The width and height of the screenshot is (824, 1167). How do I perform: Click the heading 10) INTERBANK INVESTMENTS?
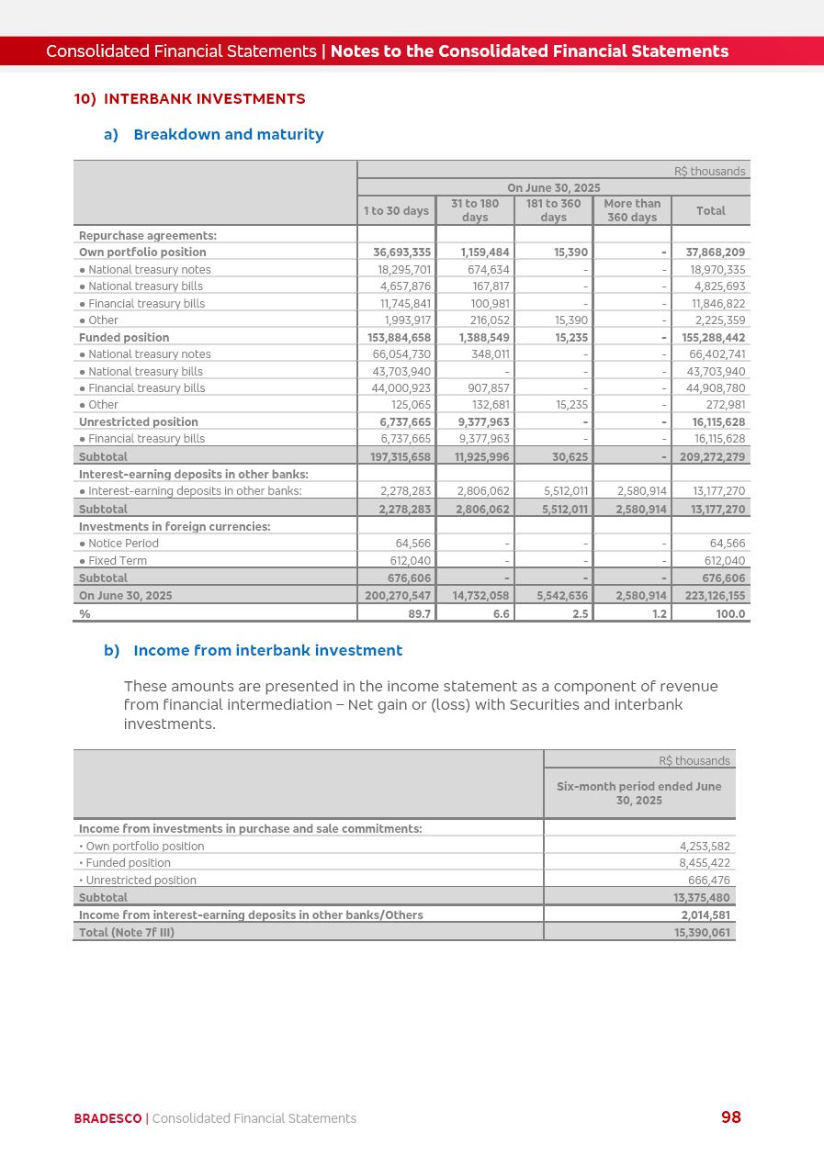pos(189,99)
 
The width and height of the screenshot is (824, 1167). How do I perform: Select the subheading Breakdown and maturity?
pos(228,135)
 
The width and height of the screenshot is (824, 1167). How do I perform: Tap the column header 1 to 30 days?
pos(396,211)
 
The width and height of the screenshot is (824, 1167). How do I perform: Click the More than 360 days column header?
pos(632,210)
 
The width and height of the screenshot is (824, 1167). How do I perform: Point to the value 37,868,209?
pos(715,252)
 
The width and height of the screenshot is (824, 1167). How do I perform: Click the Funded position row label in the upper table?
pos(124,338)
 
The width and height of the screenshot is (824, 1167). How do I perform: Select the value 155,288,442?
pos(714,338)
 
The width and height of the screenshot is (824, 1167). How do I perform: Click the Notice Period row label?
pos(123,544)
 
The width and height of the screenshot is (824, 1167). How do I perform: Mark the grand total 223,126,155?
pos(715,596)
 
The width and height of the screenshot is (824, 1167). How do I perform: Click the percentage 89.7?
pos(420,614)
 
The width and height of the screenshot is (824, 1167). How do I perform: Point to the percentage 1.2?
pos(660,614)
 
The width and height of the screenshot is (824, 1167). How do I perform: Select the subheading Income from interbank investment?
pos(267,651)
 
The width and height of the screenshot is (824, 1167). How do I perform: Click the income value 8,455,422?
pos(702,863)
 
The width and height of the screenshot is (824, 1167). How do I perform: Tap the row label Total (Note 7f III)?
pos(127,933)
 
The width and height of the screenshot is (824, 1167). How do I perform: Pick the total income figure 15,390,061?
pos(702,933)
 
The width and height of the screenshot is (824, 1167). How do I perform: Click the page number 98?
pos(731,1117)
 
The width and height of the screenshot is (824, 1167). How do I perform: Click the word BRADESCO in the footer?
pos(108,1118)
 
